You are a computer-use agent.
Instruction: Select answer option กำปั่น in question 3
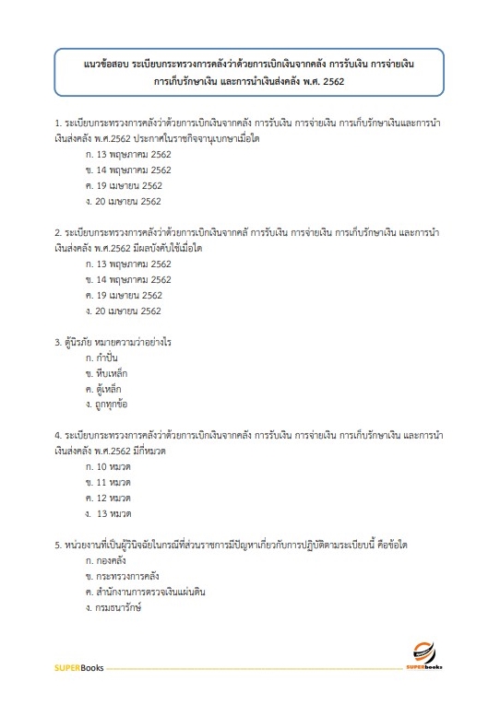tap(104, 357)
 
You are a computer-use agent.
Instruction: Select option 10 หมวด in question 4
tap(107, 468)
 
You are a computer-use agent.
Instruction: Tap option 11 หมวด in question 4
tap(107, 484)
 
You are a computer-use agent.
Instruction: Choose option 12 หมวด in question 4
tap(107, 499)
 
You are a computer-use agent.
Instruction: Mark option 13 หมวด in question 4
tap(109, 514)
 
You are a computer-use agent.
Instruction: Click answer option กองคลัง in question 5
tap(106, 560)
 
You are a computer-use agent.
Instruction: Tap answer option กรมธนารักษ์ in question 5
tap(113, 608)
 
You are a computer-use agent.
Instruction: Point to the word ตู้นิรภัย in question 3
tap(79, 342)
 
